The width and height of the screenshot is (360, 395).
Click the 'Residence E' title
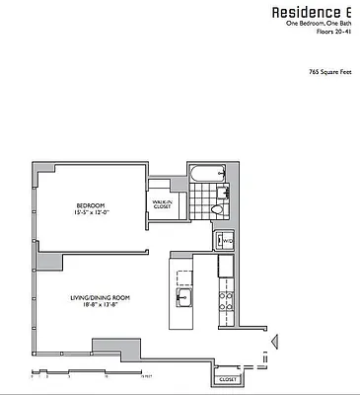[315, 11]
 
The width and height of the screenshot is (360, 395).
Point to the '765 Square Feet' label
[330, 72]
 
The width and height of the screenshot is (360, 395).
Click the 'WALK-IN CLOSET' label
[162, 205]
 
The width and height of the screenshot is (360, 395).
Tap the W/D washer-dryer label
[225, 240]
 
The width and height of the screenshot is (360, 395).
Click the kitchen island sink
[182, 294]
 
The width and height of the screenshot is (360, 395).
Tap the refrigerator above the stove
[226, 266]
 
